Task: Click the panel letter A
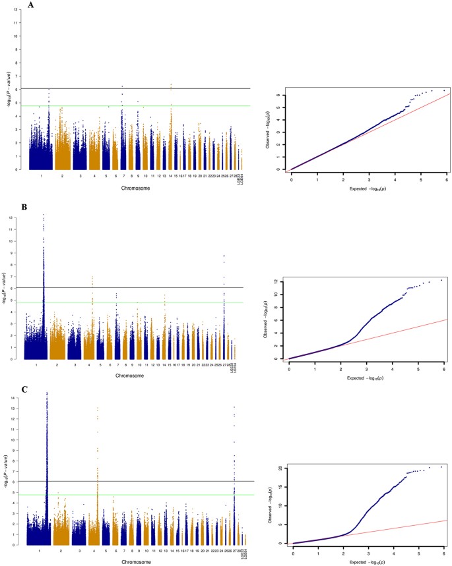click(x=31, y=5)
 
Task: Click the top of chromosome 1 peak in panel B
click(x=44, y=214)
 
